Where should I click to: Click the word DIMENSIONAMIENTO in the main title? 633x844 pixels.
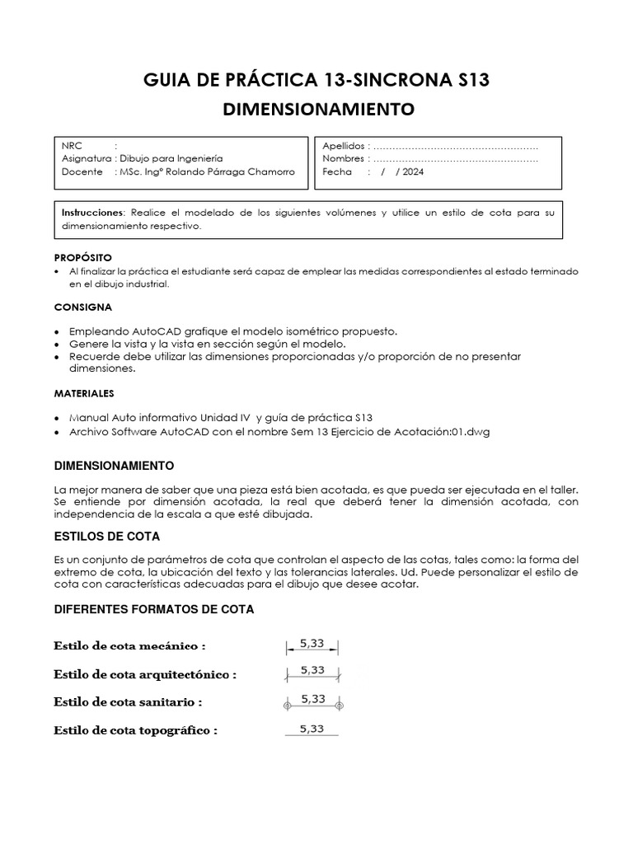click(x=321, y=109)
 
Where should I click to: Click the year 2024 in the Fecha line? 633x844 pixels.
click(x=414, y=171)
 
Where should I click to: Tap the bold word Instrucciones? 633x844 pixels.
click(x=93, y=213)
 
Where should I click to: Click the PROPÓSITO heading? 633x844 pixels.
click(x=82, y=257)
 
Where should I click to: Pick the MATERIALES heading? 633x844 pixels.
click(x=84, y=393)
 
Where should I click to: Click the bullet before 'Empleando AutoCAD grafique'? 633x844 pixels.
click(x=56, y=331)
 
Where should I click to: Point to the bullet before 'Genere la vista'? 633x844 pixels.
click(x=56, y=344)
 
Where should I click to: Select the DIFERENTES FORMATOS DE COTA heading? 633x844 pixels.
click(x=154, y=609)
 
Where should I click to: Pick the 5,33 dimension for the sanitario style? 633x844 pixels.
click(x=312, y=698)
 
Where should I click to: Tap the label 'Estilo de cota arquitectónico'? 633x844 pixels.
click(x=145, y=674)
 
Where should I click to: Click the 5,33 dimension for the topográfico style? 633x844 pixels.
click(x=312, y=728)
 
